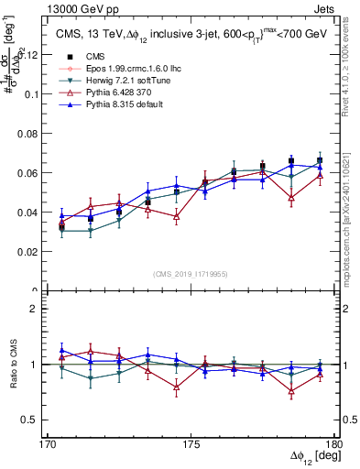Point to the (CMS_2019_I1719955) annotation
pyautogui.click(x=191, y=273)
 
